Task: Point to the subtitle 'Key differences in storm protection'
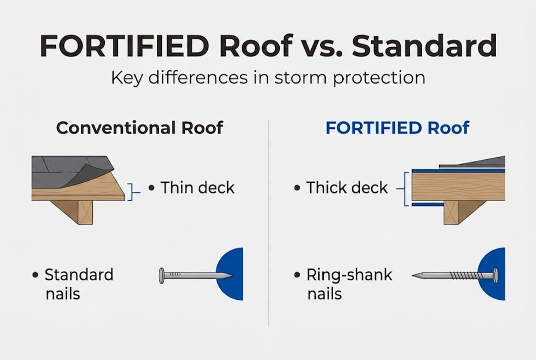point(268,78)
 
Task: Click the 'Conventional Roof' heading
point(139,127)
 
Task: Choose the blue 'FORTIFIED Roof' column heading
point(397,127)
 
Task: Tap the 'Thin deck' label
point(197,188)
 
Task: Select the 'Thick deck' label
point(347,188)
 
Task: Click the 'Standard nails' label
point(79,283)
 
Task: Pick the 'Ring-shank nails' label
point(349,283)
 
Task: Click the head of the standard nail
point(162,275)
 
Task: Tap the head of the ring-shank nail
point(495,275)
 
